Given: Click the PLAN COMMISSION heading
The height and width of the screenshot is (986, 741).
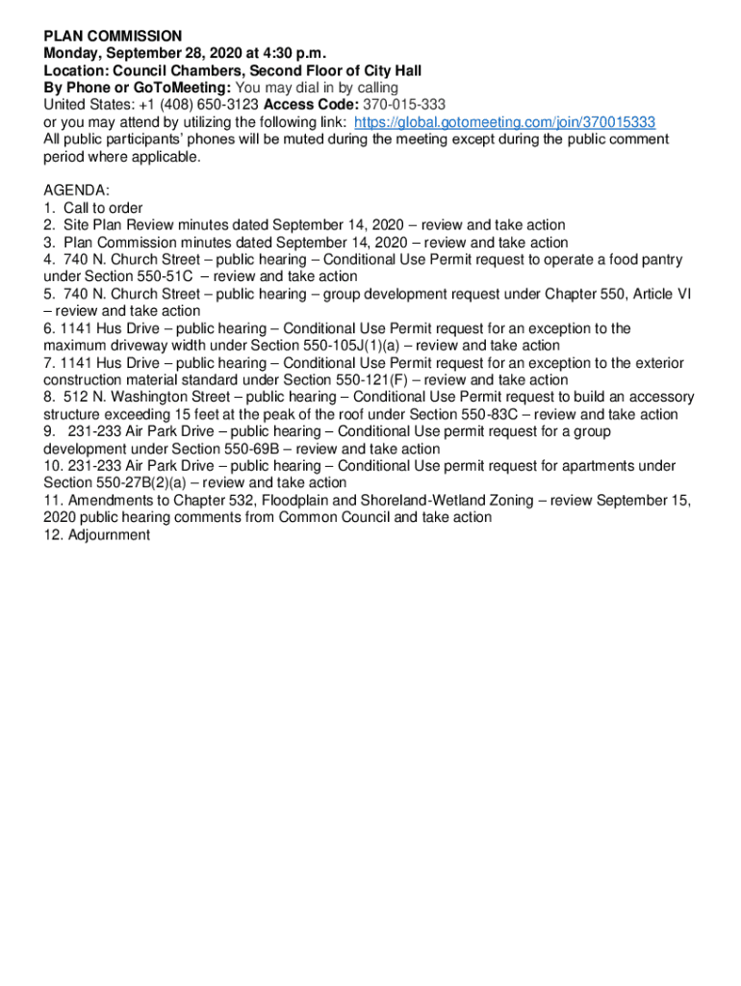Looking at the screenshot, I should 113,36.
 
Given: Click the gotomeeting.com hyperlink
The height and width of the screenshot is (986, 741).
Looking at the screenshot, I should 504,122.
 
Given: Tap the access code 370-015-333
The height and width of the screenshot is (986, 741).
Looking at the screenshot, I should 400,105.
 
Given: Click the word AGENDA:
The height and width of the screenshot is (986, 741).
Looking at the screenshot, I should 77,191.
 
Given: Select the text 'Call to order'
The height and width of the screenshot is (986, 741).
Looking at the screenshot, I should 103,208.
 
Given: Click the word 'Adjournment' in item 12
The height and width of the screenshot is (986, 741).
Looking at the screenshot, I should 109,534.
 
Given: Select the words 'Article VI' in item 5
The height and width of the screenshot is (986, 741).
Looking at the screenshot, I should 658,295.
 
